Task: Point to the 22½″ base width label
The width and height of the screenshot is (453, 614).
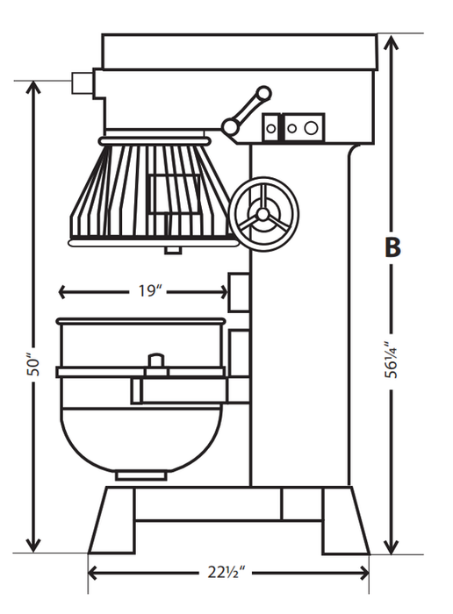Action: pyautogui.click(x=227, y=573)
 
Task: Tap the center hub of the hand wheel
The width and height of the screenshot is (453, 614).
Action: pyautogui.click(x=262, y=214)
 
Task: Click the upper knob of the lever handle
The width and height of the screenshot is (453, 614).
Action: pyautogui.click(x=262, y=92)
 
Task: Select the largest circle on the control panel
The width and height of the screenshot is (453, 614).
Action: pyautogui.click(x=311, y=128)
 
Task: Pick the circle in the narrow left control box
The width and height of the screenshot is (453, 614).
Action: pyautogui.click(x=270, y=128)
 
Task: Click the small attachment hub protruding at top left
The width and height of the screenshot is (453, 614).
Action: pyautogui.click(x=83, y=82)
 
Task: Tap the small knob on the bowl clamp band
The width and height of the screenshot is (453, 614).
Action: pyautogui.click(x=155, y=361)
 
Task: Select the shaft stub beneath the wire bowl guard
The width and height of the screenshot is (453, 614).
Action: pyautogui.click(x=172, y=249)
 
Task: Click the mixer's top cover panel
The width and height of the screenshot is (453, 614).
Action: pyautogui.click(x=239, y=52)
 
